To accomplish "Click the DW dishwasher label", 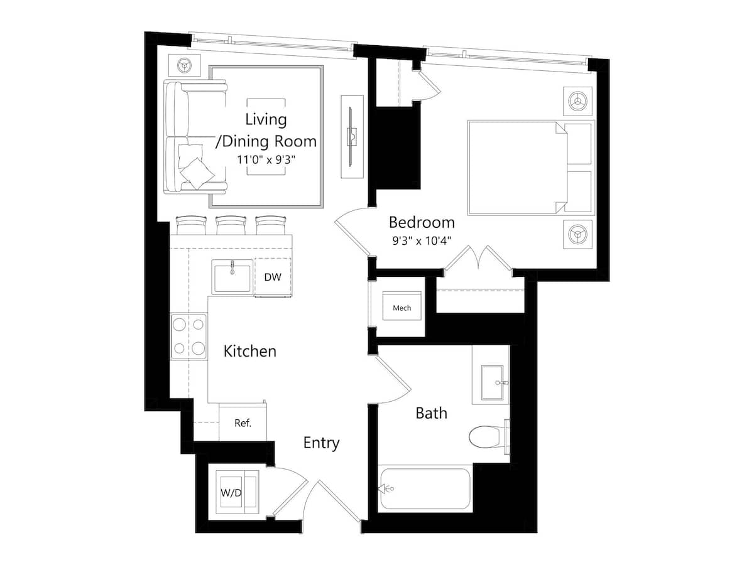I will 272,277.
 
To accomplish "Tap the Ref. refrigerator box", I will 243,422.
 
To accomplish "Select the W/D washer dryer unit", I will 232,492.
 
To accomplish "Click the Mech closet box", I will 402,308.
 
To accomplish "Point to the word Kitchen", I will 250,351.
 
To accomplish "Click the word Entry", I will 321,443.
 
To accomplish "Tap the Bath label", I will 432,413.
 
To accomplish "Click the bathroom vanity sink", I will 496,382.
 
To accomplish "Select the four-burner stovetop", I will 188,336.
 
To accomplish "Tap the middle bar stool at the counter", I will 231,224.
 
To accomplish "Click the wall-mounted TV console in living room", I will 352,136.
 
